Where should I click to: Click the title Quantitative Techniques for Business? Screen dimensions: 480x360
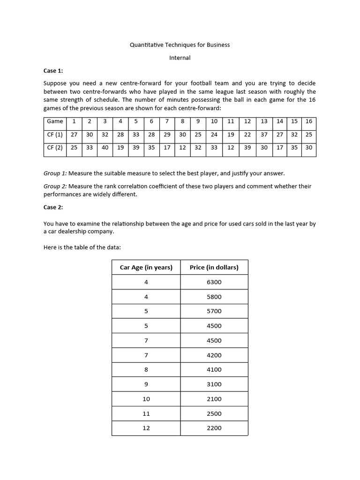[x=180, y=45]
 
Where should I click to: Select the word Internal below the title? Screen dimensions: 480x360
[x=180, y=58]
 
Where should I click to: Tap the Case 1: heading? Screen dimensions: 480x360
[x=53, y=71]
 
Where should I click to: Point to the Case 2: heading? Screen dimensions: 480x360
[x=53, y=207]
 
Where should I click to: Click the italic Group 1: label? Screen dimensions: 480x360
[x=55, y=173]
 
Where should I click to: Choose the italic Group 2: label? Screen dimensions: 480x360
[x=55, y=186]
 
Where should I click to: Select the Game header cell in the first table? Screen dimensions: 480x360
[x=55, y=121]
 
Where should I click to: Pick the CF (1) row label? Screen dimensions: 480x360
[x=55, y=135]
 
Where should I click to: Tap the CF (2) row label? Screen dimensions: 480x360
[x=55, y=147]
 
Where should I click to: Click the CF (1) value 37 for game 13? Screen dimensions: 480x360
[x=264, y=135]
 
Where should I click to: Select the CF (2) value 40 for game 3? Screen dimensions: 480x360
[x=105, y=147]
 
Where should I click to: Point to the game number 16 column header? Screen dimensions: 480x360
[x=308, y=121]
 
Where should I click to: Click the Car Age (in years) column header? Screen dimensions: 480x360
[x=146, y=267]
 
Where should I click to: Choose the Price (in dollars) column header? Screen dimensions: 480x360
[x=214, y=267]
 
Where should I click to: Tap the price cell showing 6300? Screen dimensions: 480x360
[x=214, y=282]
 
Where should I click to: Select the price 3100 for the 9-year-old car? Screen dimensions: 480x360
[x=214, y=384]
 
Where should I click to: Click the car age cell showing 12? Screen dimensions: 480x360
[x=146, y=428]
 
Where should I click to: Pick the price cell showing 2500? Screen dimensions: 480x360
[x=214, y=413]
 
